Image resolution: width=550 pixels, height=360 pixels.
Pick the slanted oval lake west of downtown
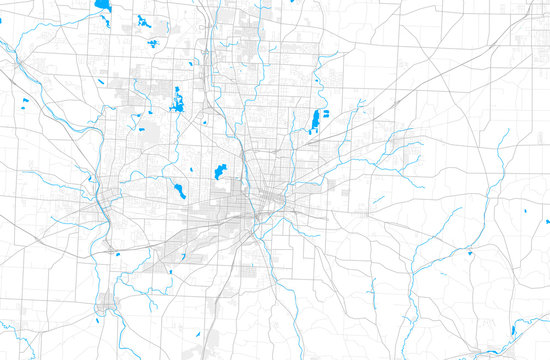pyautogui.click(x=179, y=188)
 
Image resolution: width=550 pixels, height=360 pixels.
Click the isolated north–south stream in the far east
pyautogui.click(x=500, y=150)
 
